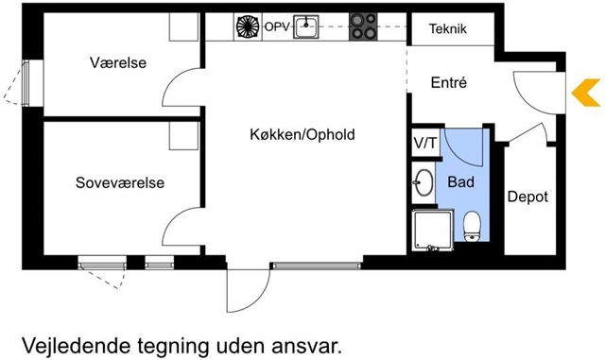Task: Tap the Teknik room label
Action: tap(448, 28)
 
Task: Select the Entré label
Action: tap(449, 82)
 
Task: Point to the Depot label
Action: tap(527, 197)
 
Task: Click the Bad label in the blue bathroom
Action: tap(460, 181)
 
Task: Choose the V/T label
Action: tap(425, 144)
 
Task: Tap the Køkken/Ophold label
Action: tap(302, 135)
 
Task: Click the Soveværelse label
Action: tap(120, 182)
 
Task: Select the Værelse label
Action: tap(118, 62)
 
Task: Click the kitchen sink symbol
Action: tap(306, 26)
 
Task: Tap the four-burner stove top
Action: tap(363, 26)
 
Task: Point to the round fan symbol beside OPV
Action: tap(248, 26)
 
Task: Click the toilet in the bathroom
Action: tap(472, 226)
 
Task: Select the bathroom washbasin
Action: tap(423, 182)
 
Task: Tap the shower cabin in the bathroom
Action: tap(432, 230)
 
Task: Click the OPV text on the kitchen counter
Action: tap(277, 27)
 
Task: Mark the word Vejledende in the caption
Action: tap(77, 346)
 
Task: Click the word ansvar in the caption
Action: tap(306, 347)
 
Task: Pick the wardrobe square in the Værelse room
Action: tap(184, 26)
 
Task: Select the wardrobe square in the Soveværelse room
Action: tap(184, 136)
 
